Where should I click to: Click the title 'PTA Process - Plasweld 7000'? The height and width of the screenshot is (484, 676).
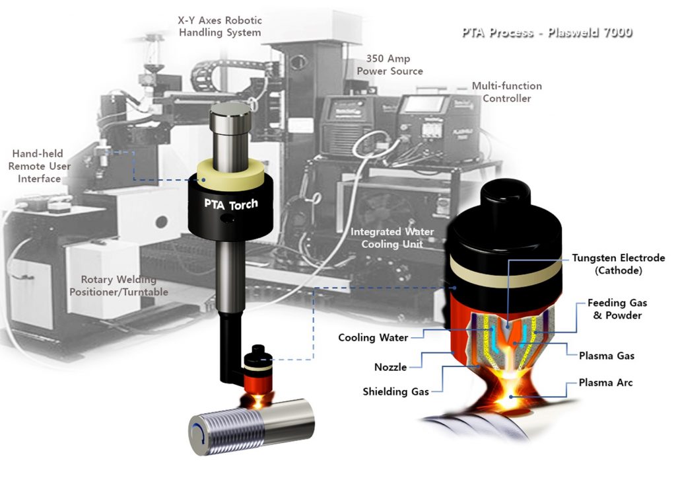coord(547,32)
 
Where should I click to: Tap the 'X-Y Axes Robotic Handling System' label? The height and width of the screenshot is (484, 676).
coord(219,26)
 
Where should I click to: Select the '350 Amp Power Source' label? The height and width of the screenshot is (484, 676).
coord(389,65)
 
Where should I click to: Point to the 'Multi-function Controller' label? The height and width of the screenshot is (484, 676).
coord(506,92)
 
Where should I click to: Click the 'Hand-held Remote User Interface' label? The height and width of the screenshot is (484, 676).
coord(39,166)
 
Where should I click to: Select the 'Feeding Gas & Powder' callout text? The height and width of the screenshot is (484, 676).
coord(617,309)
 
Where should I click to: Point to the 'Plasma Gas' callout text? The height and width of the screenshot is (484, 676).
coord(606,356)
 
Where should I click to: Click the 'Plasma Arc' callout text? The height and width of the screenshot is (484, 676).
coord(605,383)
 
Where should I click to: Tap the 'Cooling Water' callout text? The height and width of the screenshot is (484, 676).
coord(373,338)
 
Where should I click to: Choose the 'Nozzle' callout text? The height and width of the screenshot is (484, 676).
coord(390,367)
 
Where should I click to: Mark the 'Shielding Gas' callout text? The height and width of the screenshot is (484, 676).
coord(395,391)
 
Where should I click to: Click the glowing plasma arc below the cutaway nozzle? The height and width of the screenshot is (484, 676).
coord(508,397)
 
